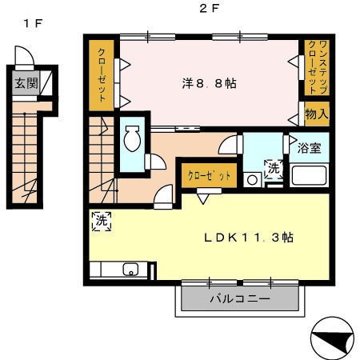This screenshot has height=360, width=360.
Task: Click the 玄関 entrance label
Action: coord(26,83)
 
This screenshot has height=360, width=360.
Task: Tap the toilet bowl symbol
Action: coord(132,138)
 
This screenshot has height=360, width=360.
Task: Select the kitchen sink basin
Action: coord(130,270)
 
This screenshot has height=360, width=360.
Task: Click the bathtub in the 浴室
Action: coord(309,175)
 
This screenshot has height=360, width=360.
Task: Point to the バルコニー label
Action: coord(240,298)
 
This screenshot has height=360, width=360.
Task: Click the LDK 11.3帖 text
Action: coord(249,238)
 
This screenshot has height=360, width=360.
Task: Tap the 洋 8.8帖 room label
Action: coord(209,84)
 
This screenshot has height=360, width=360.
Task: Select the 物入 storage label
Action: coord(317,114)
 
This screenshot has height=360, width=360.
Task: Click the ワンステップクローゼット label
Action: coord(317,67)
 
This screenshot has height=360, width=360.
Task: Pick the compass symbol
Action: coord(333,338)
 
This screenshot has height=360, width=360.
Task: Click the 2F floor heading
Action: coord(210,9)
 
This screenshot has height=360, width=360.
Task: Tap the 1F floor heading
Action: coord(33,23)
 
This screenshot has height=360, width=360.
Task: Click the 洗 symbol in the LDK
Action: coord(102,221)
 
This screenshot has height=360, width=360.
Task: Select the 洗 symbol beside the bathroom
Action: coord(274,169)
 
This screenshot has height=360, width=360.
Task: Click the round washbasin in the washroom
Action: coord(252,180)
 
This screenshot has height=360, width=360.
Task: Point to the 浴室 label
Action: coord(310,148)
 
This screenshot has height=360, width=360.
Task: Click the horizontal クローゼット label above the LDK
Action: coord(209,176)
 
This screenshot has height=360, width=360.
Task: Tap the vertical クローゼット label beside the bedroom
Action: coord(102,75)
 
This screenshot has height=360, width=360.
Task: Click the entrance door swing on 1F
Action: coord(25,55)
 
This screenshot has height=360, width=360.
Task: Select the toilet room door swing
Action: coord(158,162)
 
